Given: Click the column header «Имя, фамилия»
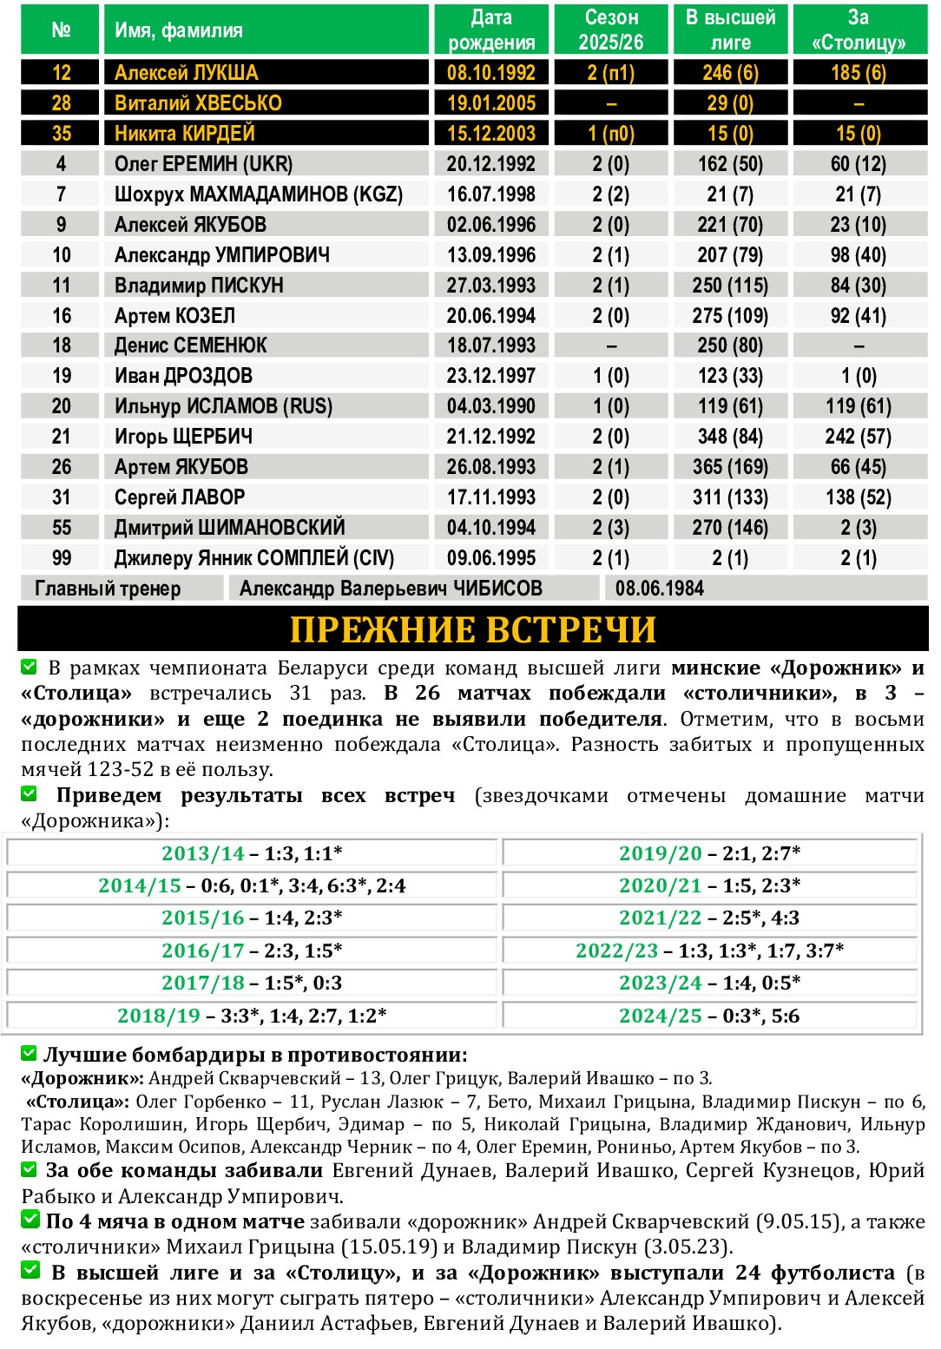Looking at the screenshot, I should (x=179, y=30).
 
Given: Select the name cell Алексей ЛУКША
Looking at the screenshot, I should (x=187, y=73).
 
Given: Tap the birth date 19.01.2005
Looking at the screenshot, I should (x=491, y=103).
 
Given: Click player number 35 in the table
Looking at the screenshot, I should (x=62, y=134).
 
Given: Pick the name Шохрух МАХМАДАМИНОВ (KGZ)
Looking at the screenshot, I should (x=259, y=194).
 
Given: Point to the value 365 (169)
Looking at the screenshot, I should (x=730, y=467).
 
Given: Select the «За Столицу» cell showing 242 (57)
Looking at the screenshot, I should (x=858, y=437).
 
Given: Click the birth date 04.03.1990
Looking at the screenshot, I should (x=491, y=406).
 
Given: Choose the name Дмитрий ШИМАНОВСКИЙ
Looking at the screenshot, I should (x=230, y=528).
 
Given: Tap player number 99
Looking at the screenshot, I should (x=62, y=558).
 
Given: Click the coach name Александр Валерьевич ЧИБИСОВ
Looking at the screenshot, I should (x=391, y=589).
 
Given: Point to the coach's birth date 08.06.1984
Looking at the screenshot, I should (x=660, y=589).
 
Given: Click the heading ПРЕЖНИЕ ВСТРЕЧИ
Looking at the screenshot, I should (x=472, y=629).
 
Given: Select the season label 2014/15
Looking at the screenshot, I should (x=140, y=885).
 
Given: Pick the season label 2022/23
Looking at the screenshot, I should (x=616, y=951).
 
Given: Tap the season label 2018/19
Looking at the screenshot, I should (x=159, y=1016).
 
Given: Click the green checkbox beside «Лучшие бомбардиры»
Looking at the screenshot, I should (x=30, y=1054).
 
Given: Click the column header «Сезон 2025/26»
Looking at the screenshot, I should (x=611, y=30).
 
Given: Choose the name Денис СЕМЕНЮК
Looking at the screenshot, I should (x=191, y=345).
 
